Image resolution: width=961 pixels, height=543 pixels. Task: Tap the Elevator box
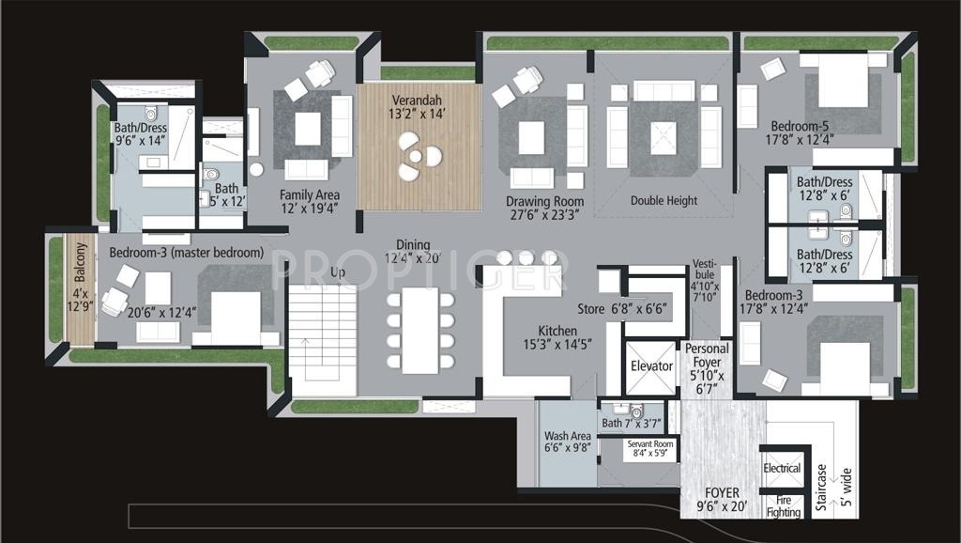(651, 366)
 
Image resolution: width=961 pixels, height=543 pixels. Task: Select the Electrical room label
(782, 468)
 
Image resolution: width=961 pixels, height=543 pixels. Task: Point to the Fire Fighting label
(783, 505)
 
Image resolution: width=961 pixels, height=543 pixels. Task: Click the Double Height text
(664, 200)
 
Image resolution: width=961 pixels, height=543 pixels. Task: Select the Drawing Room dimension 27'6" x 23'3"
(544, 214)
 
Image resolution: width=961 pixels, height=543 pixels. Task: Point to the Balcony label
(80, 263)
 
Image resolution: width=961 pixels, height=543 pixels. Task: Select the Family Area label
(309, 194)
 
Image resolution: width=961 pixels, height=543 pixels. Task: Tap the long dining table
(419, 330)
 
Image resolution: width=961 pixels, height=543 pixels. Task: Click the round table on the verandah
(419, 155)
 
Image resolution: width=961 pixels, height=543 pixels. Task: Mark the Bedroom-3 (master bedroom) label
(186, 253)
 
